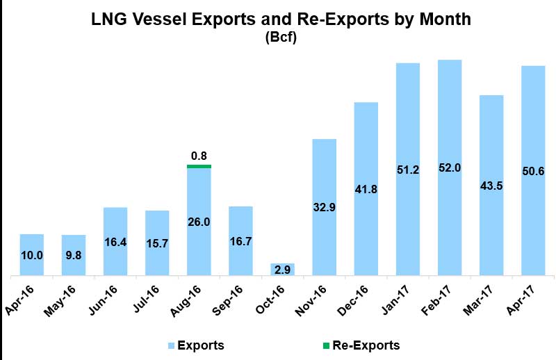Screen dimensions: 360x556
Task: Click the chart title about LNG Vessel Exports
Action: click(281, 20)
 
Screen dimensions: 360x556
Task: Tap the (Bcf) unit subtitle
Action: click(281, 39)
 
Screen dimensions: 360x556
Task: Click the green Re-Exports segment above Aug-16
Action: click(199, 166)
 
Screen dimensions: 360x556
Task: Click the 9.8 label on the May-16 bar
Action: click(74, 255)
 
